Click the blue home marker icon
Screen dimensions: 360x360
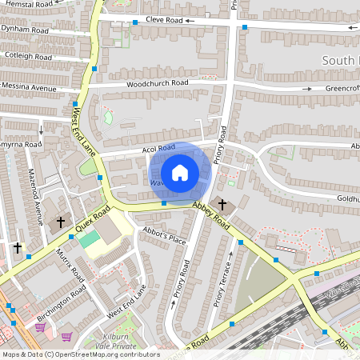pyautogui.click(x=180, y=172)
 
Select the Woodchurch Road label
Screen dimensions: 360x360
pyautogui.click(x=157, y=83)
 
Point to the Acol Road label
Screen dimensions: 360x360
pyautogui.click(x=156, y=147)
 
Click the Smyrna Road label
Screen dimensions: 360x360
pyautogui.click(x=21, y=145)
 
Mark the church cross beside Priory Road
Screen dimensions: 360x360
pyautogui.click(x=222, y=206)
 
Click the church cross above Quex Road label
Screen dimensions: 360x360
pyautogui.click(x=61, y=222)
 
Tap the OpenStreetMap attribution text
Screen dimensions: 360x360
pyautogui.click(x=80, y=354)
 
